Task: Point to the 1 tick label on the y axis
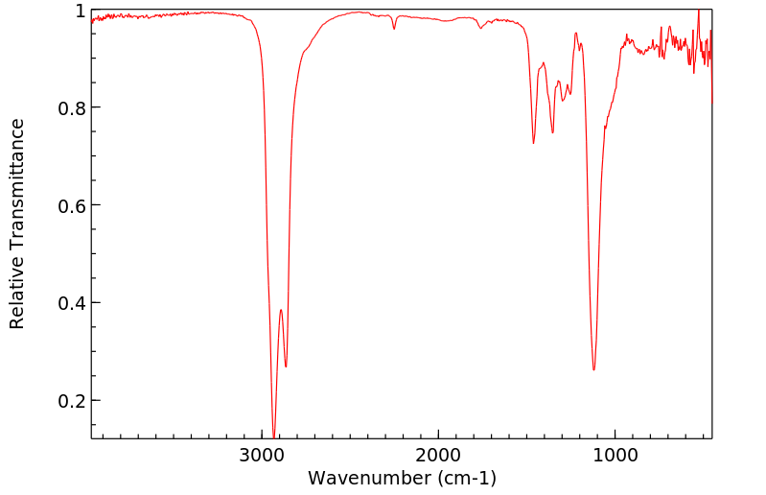80,11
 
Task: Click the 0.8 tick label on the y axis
71,108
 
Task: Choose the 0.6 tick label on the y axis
71,205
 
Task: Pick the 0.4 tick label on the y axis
71,303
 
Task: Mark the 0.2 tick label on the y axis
71,401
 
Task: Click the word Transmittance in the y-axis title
17,182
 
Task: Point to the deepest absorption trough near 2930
274,436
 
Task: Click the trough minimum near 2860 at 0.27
286,366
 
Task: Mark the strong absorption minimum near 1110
594,369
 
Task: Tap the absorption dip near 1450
534,143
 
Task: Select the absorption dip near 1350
552,132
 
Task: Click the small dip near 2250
394,29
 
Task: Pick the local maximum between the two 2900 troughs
281,310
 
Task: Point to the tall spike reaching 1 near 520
698,11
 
